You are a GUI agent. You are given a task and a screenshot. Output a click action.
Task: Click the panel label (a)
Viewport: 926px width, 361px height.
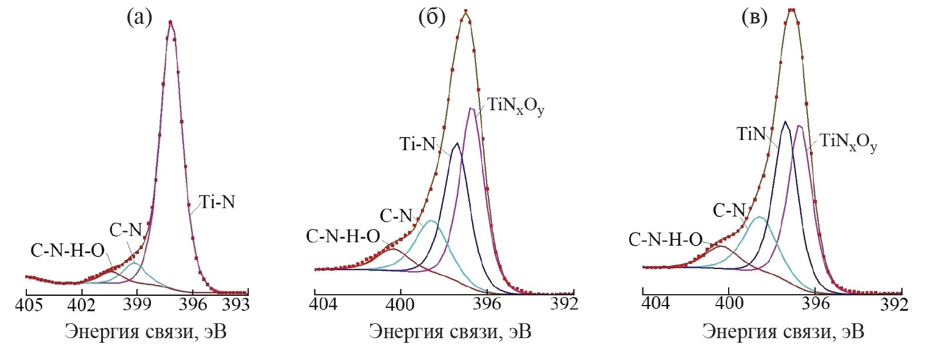tap(140, 18)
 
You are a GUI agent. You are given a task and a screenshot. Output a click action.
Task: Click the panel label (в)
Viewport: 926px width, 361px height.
tap(754, 18)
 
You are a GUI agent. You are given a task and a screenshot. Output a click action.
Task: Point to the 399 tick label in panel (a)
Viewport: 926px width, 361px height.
tap(136, 304)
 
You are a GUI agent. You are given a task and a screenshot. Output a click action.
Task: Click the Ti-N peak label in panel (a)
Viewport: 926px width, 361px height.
tap(217, 202)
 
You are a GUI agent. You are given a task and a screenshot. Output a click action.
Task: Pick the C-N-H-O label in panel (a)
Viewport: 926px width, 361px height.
tap(68, 250)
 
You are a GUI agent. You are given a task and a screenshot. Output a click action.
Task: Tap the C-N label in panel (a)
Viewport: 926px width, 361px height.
tap(125, 230)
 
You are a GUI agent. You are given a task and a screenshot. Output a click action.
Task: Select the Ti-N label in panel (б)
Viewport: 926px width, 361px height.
tap(418, 144)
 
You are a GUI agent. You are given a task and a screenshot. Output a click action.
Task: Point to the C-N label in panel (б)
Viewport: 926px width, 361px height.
tap(396, 216)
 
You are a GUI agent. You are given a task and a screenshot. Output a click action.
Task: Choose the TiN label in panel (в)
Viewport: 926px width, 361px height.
tap(750, 135)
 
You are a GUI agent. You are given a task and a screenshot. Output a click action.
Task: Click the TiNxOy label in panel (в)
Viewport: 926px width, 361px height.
tap(848, 141)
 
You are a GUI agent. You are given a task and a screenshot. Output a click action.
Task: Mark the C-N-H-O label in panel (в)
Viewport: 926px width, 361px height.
tap(665, 239)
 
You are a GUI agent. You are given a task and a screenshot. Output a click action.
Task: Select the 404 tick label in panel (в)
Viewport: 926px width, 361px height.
tap(655, 304)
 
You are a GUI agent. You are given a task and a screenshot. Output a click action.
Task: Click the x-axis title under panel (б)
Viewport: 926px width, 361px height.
tap(450, 332)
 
